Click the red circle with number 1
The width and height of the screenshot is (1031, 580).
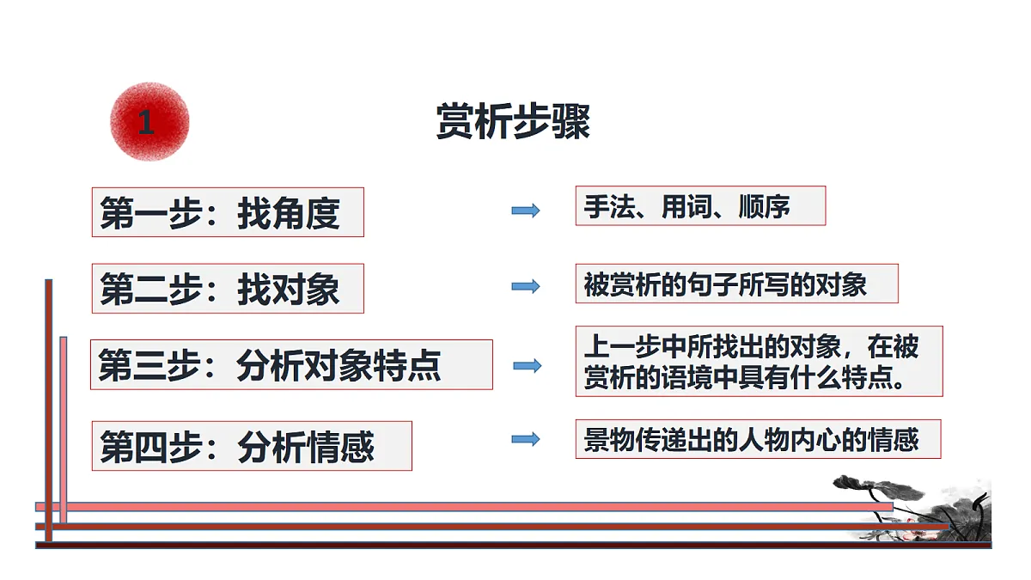pyautogui.click(x=149, y=122)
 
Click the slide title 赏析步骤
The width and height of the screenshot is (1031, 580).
pyautogui.click(x=513, y=121)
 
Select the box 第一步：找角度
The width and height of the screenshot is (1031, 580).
pyautogui.click(x=228, y=212)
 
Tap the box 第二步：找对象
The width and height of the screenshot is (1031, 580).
pyautogui.click(x=228, y=289)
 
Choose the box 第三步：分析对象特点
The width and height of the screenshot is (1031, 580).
pyautogui.click(x=291, y=364)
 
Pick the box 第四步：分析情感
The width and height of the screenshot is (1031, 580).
pyautogui.click(x=252, y=446)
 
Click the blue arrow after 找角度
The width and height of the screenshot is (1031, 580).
pyautogui.click(x=526, y=211)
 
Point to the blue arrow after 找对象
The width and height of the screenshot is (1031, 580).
pyautogui.click(x=526, y=286)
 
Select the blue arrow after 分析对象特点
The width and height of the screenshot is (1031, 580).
pyautogui.click(x=528, y=365)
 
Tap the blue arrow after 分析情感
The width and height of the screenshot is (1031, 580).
pyautogui.click(x=526, y=439)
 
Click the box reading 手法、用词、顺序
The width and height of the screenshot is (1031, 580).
pyautogui.click(x=700, y=205)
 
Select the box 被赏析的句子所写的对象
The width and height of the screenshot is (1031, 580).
pyautogui.click(x=737, y=284)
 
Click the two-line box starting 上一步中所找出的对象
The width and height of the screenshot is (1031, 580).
pyautogui.click(x=759, y=362)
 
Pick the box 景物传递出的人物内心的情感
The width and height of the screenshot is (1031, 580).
pyautogui.click(x=758, y=439)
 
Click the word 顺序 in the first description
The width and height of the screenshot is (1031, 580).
pyautogui.click(x=764, y=206)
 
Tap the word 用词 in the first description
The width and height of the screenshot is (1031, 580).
pyautogui.click(x=687, y=206)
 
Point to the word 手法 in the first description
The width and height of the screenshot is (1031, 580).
pyautogui.click(x=610, y=206)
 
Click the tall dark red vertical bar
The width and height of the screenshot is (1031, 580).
pyautogui.click(x=49, y=410)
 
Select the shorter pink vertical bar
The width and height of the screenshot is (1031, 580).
pyautogui.click(x=64, y=430)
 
